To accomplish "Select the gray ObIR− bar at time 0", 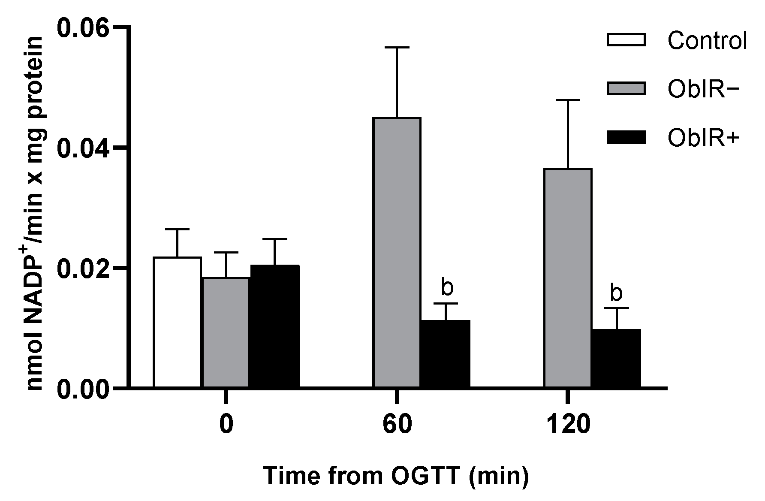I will pos(226,332).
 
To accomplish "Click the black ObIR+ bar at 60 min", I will pos(446,353).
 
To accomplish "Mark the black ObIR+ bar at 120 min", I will pos(616,358).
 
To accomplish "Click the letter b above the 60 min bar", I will pos(447,288).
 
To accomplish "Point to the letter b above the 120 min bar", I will pos(616,293).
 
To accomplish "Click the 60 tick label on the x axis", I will pos(397,425).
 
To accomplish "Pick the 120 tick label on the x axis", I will pos(568,425).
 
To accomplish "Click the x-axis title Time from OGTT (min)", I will pos(396,476).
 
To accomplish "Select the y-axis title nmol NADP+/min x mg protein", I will pos(36,213).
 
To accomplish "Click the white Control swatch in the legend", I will pos(626,40).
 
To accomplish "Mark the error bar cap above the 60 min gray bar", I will pos(397,48).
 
